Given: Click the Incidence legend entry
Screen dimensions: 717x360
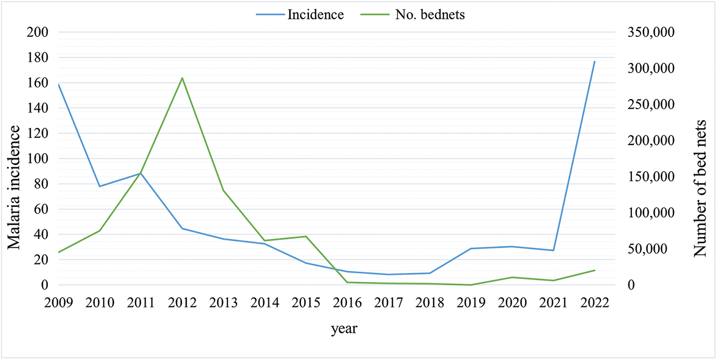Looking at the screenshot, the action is (x=300, y=14).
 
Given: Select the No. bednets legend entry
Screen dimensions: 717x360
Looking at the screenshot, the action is (x=413, y=14).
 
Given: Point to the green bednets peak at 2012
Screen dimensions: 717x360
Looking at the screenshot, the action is (x=182, y=78).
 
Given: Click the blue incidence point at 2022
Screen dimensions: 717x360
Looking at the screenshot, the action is (x=595, y=61).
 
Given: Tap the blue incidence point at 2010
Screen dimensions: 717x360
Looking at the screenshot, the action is (x=100, y=186).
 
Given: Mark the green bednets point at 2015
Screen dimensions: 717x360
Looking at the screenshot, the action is (x=306, y=236).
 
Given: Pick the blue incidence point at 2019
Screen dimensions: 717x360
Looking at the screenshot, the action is (x=471, y=248).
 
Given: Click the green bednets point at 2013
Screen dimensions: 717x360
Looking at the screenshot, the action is (x=224, y=190).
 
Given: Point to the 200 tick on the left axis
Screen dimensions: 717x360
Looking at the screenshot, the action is (x=37, y=32).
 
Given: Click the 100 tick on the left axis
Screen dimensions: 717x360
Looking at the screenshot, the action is (x=37, y=158).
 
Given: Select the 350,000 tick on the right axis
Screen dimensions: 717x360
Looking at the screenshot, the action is (x=651, y=32).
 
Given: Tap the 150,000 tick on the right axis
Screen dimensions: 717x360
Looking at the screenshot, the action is (x=651, y=177).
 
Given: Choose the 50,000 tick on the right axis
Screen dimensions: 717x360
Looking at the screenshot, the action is (x=647, y=249).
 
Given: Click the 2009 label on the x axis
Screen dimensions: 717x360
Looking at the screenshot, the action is (x=59, y=303).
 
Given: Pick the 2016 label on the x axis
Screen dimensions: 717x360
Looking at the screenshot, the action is (x=348, y=303).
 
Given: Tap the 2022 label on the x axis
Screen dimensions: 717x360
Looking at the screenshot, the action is (x=595, y=303).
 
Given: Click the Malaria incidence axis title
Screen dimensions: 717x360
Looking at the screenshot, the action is (x=14, y=187).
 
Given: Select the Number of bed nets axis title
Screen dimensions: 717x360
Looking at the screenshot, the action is (x=700, y=188).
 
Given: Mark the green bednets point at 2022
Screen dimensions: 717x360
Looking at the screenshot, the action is (x=595, y=270).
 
